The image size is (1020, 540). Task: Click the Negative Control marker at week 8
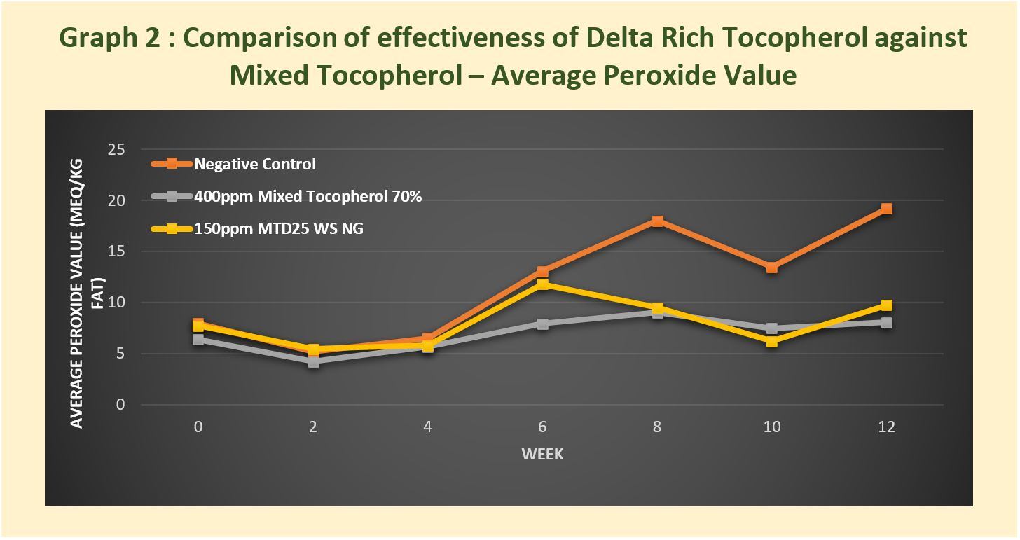coord(657,221)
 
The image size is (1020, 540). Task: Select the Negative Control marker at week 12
coord(886,209)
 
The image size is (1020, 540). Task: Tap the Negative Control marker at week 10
coord(771,268)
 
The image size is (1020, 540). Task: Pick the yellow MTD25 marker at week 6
coord(542,284)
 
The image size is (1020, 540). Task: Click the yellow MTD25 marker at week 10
coord(771,342)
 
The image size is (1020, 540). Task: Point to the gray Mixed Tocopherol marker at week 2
coord(313,362)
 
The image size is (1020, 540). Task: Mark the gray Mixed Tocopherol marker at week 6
coord(542,324)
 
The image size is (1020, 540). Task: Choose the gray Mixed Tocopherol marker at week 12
coord(886,323)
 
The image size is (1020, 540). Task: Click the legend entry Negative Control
coord(255,165)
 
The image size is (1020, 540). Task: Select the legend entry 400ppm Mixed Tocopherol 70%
coord(308,197)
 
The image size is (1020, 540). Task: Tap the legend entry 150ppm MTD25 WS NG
coord(279,228)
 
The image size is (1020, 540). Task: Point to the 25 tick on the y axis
coord(116,149)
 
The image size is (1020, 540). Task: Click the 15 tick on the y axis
coord(116,251)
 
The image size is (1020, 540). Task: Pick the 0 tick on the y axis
coord(120,405)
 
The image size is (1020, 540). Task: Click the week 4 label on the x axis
coord(428,427)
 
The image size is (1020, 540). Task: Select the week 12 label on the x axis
coord(886,427)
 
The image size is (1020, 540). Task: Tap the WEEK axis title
coord(542,455)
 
